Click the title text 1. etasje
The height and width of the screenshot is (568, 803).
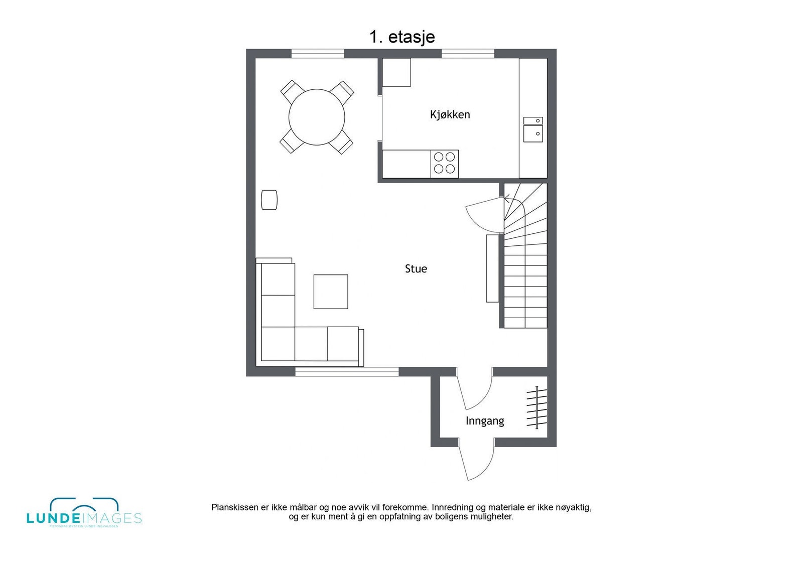pyautogui.click(x=402, y=37)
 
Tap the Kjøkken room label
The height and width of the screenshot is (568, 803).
pyautogui.click(x=450, y=114)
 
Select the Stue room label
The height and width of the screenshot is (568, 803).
pyautogui.click(x=416, y=269)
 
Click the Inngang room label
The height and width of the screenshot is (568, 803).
pyautogui.click(x=484, y=421)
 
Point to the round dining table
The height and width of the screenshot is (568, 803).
pyautogui.click(x=317, y=117)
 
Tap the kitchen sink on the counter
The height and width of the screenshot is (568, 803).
pyautogui.click(x=532, y=129)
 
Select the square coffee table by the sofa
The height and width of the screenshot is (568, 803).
pyautogui.click(x=331, y=292)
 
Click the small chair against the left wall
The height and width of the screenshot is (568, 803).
pyautogui.click(x=269, y=200)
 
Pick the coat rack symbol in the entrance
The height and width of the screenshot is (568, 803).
pyautogui.click(x=536, y=407)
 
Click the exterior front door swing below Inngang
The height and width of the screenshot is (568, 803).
pyautogui.click(x=477, y=462)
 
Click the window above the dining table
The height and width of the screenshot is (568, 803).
pyautogui.click(x=318, y=54)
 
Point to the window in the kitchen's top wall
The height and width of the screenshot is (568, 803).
pyautogui.click(x=468, y=54)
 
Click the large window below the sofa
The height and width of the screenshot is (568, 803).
pyautogui.click(x=347, y=372)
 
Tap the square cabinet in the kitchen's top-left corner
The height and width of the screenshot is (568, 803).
pyautogui.click(x=396, y=72)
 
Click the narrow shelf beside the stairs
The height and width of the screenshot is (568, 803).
pyautogui.click(x=492, y=268)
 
